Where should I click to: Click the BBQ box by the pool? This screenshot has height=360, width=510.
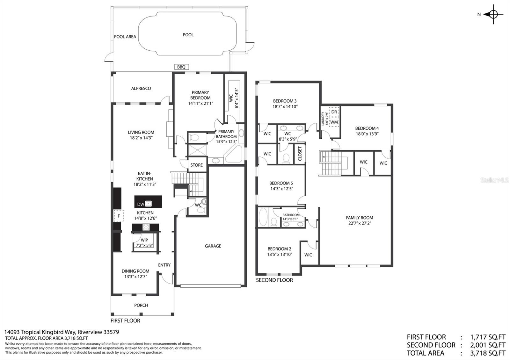pyautogui.click(x=181, y=67)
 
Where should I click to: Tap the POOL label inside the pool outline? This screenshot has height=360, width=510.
pyautogui.click(x=188, y=35)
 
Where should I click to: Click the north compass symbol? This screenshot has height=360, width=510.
pyautogui.click(x=493, y=14)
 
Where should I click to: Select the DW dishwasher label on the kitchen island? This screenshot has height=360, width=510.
pyautogui.click(x=141, y=204)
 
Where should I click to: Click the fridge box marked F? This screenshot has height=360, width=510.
pyautogui.click(x=119, y=216)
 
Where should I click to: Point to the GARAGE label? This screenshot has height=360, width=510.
pyautogui.click(x=213, y=246)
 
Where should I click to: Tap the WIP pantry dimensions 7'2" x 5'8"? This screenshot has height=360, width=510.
pyautogui.click(x=144, y=245)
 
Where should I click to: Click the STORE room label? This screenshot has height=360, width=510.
pyautogui.click(x=196, y=165)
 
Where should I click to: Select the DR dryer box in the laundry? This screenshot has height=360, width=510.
pyautogui.click(x=334, y=112)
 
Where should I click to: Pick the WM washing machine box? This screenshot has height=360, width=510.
pyautogui.click(x=334, y=122)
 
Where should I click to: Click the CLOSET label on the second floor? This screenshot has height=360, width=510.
pyautogui.click(x=300, y=154)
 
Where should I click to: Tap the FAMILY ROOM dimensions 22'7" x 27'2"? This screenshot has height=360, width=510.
pyautogui.click(x=359, y=223)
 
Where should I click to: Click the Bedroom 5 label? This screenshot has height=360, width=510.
pyautogui.click(x=281, y=183)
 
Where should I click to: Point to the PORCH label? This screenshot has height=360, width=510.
pyautogui.click(x=141, y=305)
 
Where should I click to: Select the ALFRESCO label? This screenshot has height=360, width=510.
pyautogui.click(x=141, y=88)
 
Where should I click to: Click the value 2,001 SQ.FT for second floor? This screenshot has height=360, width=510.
pyautogui.click(x=488, y=345)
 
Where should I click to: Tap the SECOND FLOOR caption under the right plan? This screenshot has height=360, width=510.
pyautogui.click(x=274, y=280)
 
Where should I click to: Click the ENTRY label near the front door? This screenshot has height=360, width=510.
pyautogui.click(x=164, y=265)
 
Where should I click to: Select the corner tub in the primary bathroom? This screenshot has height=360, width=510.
pyautogui.click(x=234, y=155)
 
